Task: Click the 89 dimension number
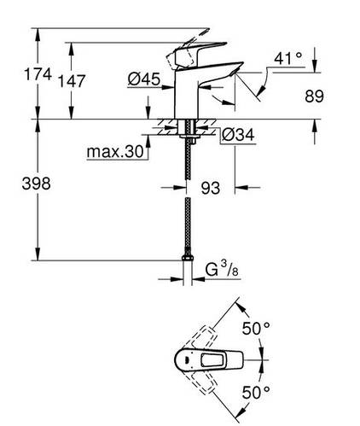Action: point(314,96)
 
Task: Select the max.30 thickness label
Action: point(113,154)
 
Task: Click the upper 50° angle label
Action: point(258,329)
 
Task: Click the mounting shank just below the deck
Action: point(188,137)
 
